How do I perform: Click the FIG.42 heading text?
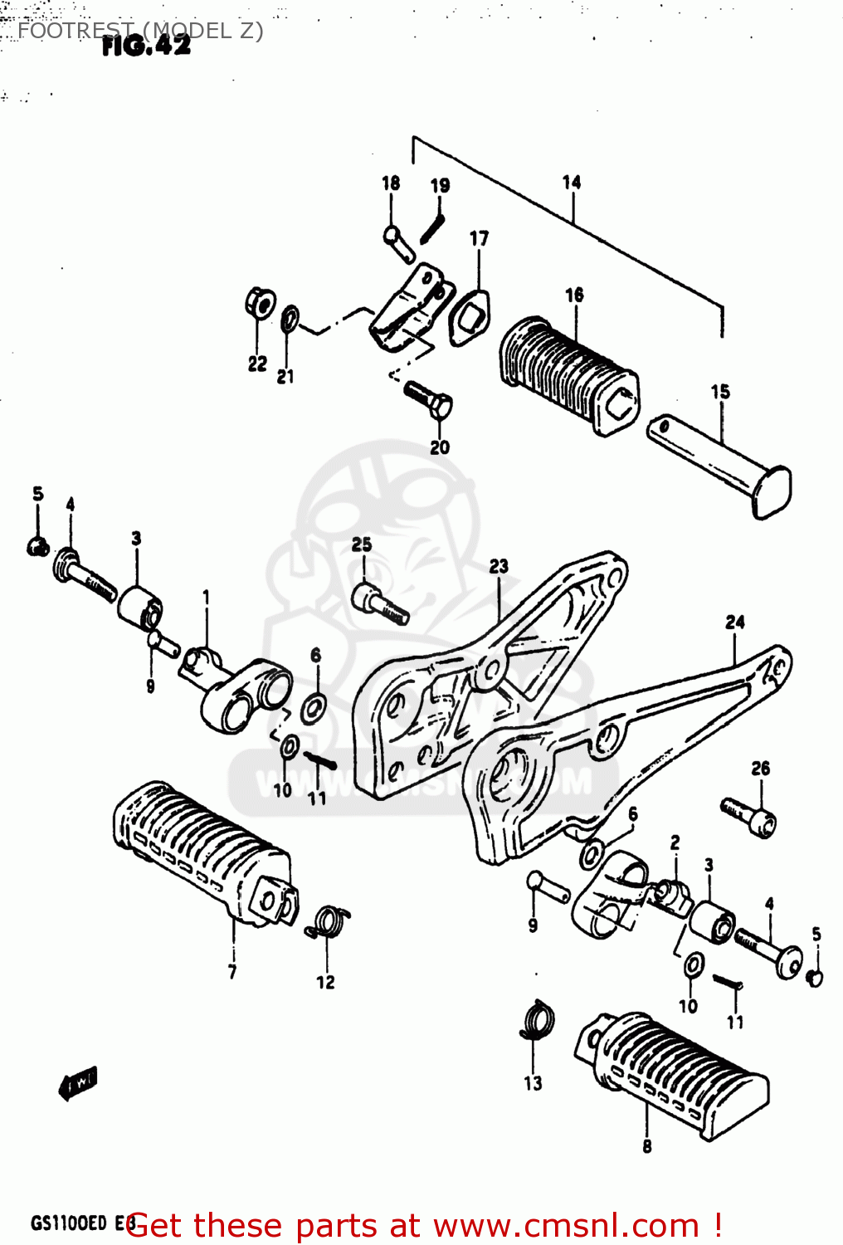tap(146, 46)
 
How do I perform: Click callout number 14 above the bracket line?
tap(572, 182)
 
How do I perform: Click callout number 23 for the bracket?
tap(498, 566)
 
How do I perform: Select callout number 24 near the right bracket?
tap(735, 622)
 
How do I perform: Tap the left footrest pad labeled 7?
tap(203, 855)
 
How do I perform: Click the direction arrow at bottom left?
tap(78, 1081)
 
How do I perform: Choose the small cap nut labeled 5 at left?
tap(37, 546)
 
